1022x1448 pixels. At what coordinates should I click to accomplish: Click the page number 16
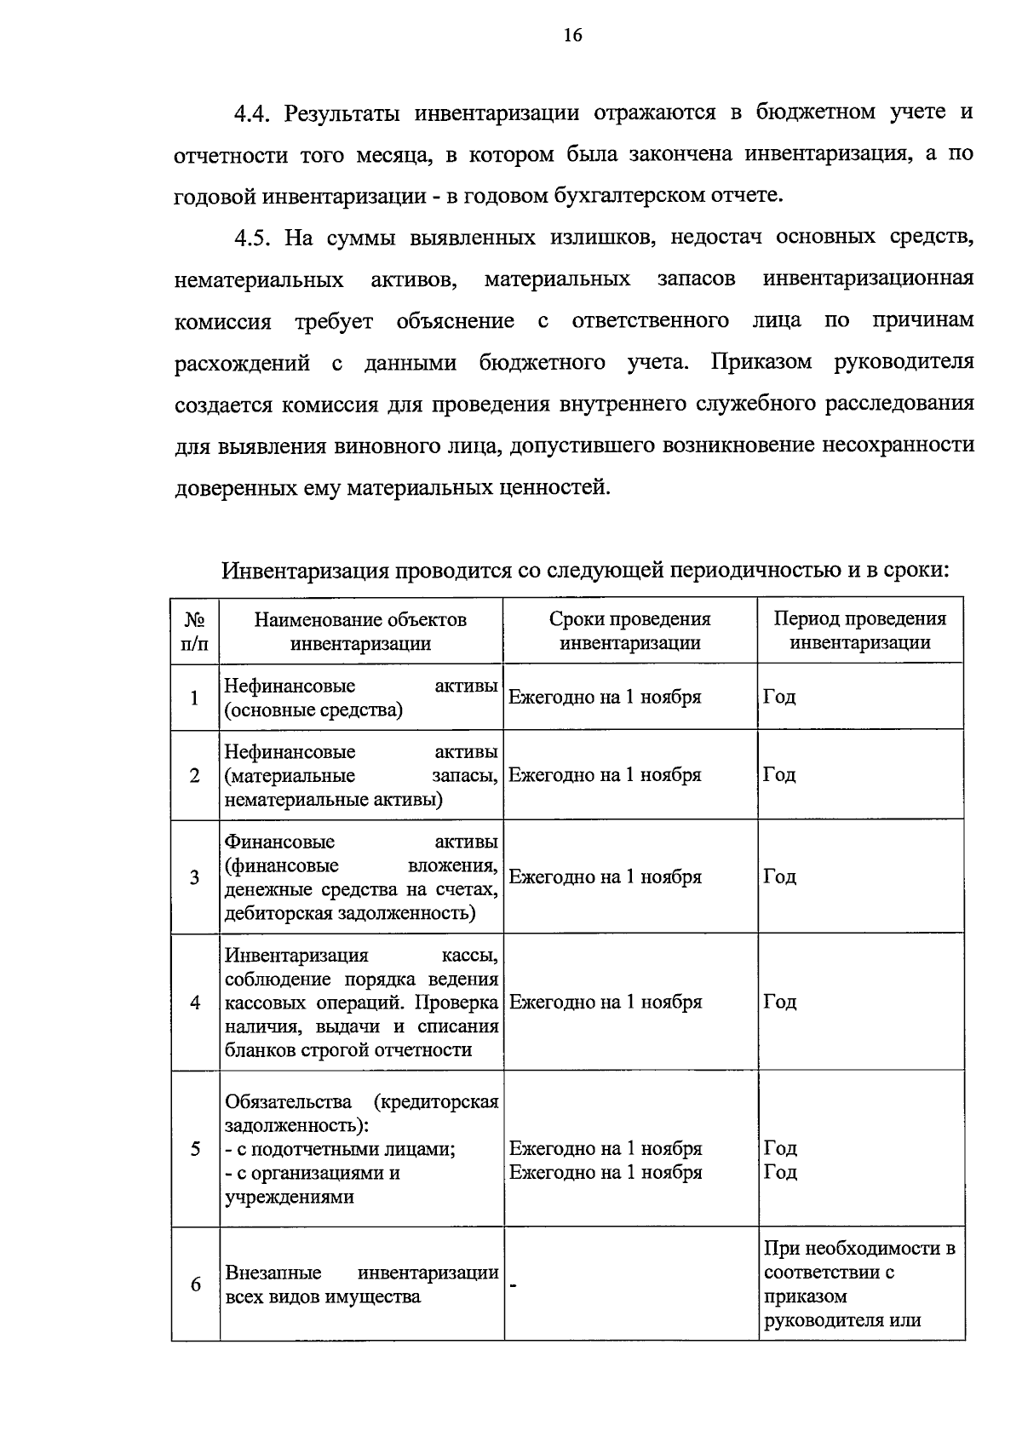click(x=572, y=35)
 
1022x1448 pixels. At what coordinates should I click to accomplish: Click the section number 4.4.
click(x=253, y=113)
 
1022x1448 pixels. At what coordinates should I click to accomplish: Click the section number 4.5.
click(x=253, y=238)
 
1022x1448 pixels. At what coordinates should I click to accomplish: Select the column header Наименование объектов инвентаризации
click(x=360, y=631)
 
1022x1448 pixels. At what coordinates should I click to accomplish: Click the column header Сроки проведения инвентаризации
click(x=629, y=631)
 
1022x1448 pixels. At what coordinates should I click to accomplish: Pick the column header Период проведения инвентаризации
click(x=859, y=631)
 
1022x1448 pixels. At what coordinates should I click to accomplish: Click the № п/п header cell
click(x=195, y=631)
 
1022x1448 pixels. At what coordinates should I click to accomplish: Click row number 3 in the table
click(x=195, y=877)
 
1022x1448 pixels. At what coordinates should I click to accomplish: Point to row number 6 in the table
click(x=195, y=1284)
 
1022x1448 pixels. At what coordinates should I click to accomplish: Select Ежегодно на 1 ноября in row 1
click(x=605, y=698)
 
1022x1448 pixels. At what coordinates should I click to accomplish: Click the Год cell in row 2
click(x=779, y=775)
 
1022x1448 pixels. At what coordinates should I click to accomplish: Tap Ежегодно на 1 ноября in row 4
click(x=605, y=1003)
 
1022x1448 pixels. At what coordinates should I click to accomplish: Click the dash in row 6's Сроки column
click(x=514, y=1285)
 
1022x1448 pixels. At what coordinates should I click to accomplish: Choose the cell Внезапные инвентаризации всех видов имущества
click(x=361, y=1284)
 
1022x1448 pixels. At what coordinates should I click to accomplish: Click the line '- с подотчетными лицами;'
click(x=340, y=1149)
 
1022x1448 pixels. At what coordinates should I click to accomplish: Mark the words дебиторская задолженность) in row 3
click(x=350, y=914)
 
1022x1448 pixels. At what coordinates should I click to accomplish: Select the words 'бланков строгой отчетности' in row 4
click(x=348, y=1050)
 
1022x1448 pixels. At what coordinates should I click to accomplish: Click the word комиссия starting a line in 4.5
click(x=222, y=322)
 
